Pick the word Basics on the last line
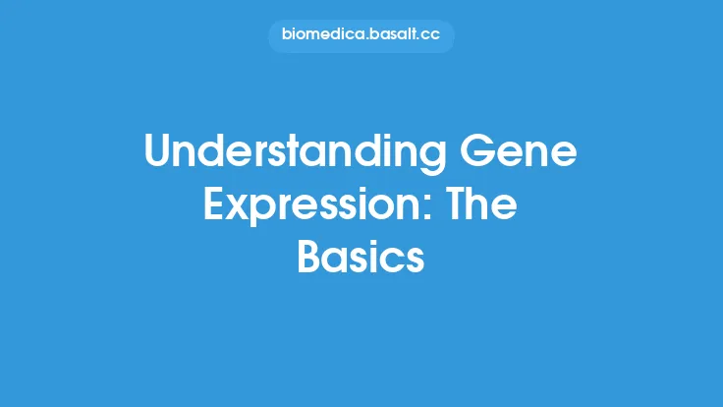[361, 257]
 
